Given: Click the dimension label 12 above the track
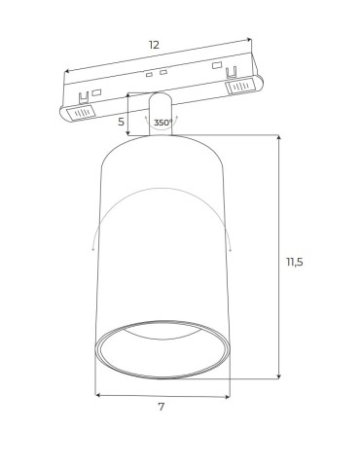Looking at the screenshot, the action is [155, 45].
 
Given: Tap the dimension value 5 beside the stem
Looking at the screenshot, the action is [121, 123].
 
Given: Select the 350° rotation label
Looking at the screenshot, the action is [162, 123].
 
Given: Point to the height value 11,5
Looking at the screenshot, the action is [295, 262].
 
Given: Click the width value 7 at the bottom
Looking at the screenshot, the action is [162, 407].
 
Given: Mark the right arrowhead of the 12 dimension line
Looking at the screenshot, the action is [249, 40].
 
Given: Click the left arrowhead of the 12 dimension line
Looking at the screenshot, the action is [67, 71].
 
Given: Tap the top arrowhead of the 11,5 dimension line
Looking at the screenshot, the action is [278, 138].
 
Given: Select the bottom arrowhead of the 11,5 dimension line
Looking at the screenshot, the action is [278, 376].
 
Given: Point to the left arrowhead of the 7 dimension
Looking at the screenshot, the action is [97, 395].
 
